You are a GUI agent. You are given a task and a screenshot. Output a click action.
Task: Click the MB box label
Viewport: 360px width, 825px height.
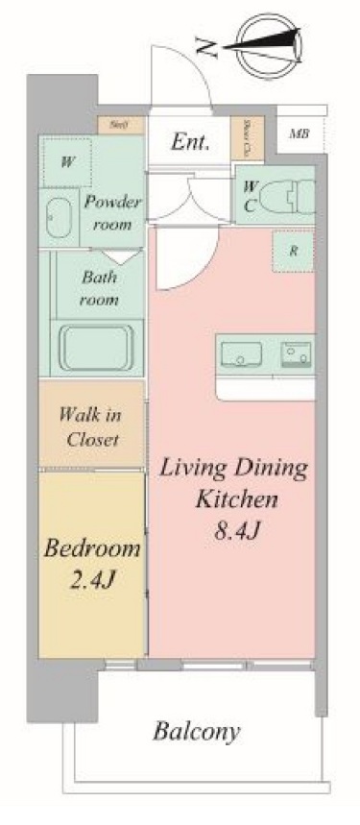(300, 133)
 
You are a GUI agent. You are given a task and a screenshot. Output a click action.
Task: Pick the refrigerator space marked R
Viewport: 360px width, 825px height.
(294, 253)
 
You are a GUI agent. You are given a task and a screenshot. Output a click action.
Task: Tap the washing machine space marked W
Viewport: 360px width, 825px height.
(67, 162)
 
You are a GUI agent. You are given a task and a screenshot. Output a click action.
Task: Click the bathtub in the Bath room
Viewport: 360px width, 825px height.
(97, 346)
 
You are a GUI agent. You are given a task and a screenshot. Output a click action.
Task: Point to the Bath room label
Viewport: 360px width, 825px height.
(99, 288)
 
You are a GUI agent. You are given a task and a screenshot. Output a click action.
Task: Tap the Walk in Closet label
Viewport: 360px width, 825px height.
(89, 427)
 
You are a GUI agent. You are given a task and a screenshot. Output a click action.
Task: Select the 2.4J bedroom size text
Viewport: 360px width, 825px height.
(93, 581)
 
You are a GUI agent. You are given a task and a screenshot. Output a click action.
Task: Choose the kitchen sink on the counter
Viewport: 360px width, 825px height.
(241, 354)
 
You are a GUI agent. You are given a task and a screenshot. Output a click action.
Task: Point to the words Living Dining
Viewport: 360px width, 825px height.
(233, 470)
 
